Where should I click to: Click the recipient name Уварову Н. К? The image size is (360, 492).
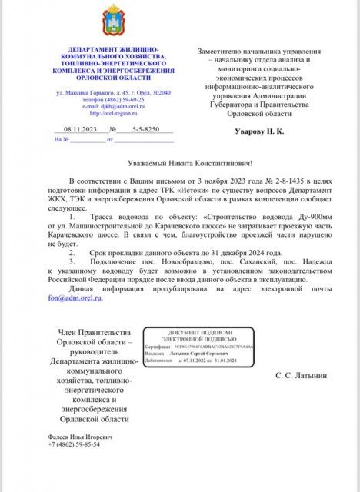click(259, 132)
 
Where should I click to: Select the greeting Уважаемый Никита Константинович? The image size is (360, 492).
click(188, 162)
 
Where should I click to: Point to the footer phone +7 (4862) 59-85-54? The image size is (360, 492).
click(73, 444)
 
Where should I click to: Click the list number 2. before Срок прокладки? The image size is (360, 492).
click(72, 251)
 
